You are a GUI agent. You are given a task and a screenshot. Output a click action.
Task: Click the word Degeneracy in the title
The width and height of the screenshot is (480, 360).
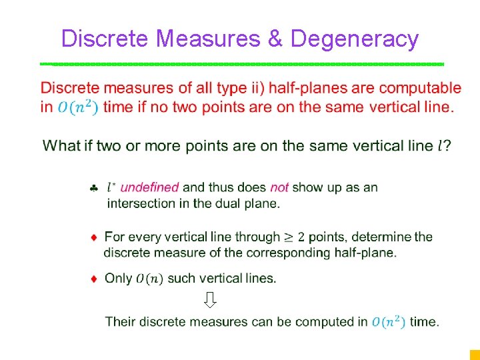coord(355,39)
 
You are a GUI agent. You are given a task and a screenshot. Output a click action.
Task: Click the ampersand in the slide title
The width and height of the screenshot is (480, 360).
coord(275,39)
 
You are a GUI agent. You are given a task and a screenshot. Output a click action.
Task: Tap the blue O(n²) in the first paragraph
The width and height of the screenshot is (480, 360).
coord(78,107)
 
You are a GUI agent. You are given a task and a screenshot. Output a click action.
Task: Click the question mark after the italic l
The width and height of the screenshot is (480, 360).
coord(447,146)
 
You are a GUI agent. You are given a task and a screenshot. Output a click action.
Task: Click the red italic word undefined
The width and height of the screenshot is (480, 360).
coord(149,188)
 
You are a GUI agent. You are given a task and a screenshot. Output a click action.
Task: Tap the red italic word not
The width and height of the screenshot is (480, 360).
coord(279,188)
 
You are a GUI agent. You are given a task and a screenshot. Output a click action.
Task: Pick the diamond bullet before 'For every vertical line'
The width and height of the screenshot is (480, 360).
coord(95,237)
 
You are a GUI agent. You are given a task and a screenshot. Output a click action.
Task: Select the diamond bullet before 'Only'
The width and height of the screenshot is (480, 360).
coord(95,278)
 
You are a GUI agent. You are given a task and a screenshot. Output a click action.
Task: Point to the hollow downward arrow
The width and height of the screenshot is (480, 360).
coord(210,300)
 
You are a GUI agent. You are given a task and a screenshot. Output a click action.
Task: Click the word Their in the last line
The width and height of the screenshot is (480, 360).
coord(120,322)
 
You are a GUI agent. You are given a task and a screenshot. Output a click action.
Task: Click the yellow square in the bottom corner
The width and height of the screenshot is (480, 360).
coord(474,355)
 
